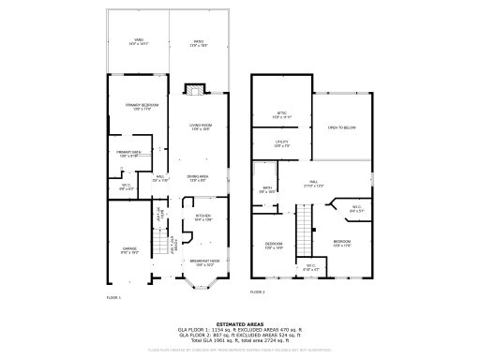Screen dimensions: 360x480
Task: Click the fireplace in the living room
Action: tap(193, 91)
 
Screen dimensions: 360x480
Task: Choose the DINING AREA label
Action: tap(197, 176)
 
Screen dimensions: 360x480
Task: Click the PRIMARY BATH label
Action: tap(128, 153)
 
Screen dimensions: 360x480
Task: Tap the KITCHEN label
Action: tap(203, 217)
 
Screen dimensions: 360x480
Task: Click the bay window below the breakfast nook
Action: tap(202, 280)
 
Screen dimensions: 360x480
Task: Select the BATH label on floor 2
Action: tap(267, 189)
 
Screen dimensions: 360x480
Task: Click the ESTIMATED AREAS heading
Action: tap(240, 323)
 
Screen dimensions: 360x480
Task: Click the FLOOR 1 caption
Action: tap(113, 297)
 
